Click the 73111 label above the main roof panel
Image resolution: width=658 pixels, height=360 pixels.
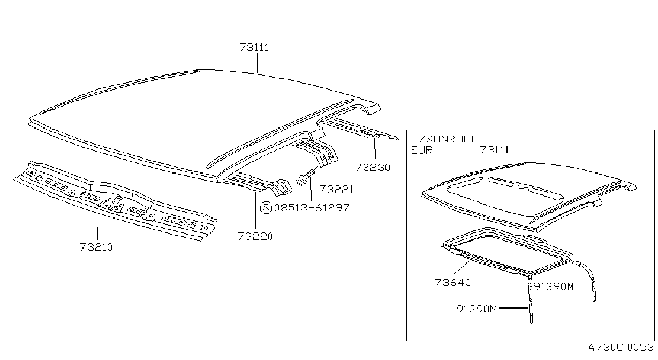254,48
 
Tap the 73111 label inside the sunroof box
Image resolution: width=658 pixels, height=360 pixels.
494,150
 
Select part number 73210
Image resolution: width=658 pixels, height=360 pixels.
96,247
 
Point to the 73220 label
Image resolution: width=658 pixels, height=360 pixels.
255,236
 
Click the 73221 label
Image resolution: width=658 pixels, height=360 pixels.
336,190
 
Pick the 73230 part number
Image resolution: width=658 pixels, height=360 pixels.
373,168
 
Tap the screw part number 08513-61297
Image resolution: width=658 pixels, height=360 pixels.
312,208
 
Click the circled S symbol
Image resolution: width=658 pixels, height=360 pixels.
266,208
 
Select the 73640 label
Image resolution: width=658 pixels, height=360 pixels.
452,282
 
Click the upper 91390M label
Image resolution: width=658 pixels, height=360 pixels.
554,287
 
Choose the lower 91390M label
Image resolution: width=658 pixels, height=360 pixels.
477,309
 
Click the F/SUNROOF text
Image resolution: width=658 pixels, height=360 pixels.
444,139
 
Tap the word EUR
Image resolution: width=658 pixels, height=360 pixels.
421,151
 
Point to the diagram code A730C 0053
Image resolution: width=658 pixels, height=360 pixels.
621,348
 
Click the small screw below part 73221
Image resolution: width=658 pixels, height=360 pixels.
306,177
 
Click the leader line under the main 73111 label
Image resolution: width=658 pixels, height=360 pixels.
257,63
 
